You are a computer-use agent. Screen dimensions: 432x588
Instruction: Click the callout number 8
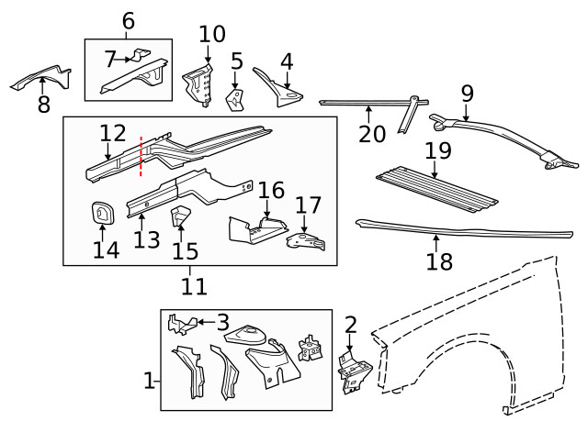(x=43, y=105)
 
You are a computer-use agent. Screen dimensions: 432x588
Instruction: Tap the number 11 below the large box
(x=193, y=286)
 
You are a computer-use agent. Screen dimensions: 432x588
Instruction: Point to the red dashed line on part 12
(x=141, y=156)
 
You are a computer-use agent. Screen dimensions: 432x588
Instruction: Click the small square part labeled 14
(x=101, y=213)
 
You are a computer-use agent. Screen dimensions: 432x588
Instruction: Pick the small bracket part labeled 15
(x=181, y=217)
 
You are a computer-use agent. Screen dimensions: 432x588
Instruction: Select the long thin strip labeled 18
(x=432, y=228)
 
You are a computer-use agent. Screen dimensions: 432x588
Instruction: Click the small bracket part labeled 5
(x=235, y=99)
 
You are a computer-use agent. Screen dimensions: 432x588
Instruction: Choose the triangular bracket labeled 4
(x=278, y=88)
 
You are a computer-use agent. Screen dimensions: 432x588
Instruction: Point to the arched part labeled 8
(x=41, y=78)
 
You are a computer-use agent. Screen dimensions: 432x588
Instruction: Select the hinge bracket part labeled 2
(x=351, y=369)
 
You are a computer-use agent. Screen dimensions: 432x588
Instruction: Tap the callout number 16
(x=271, y=190)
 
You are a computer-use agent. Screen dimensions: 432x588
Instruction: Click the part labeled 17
(x=305, y=240)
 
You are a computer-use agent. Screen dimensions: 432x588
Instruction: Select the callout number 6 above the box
(x=128, y=20)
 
